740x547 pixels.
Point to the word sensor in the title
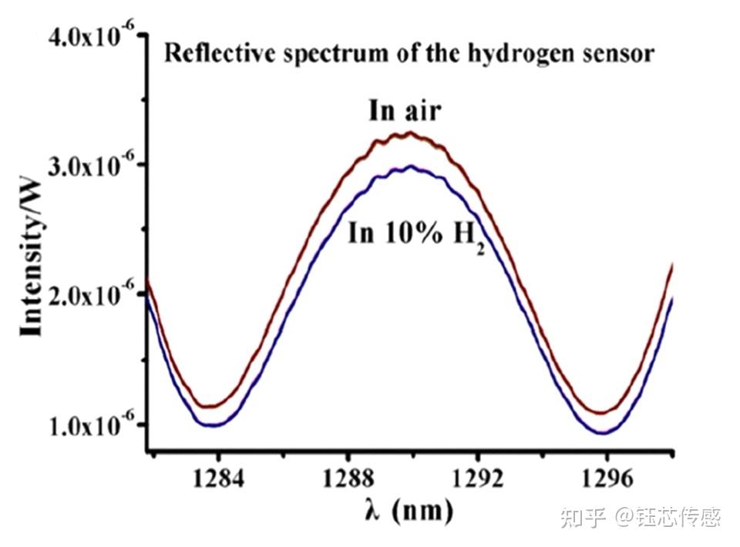pos(622,55)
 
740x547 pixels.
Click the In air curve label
pos(404,111)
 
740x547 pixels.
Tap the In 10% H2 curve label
pos(415,234)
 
